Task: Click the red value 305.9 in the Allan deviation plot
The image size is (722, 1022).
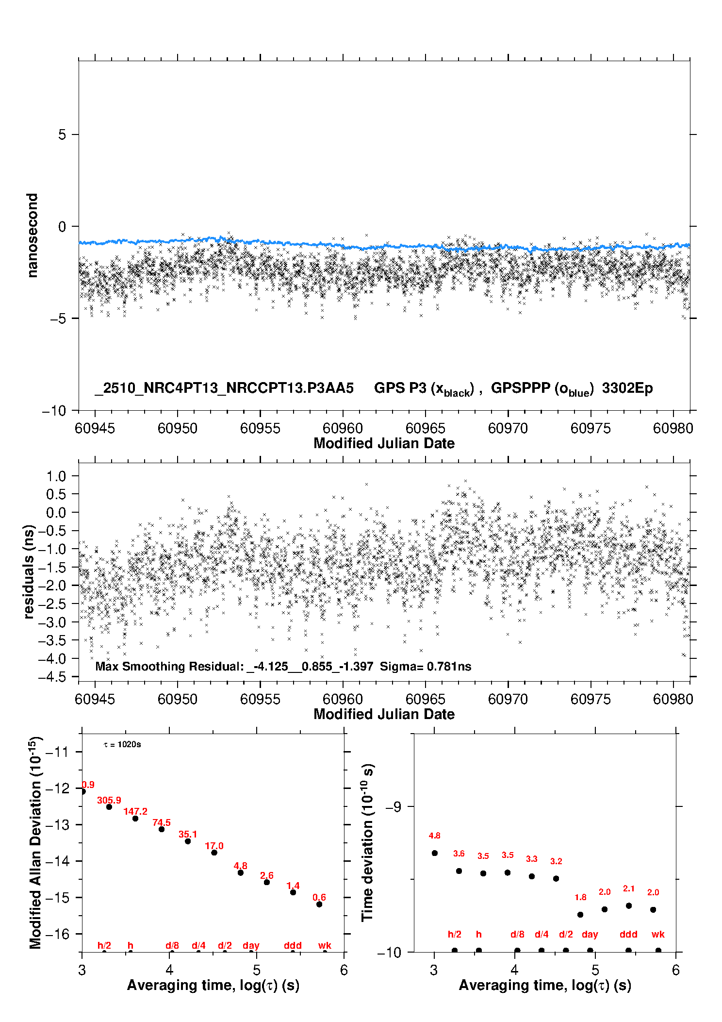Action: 109,800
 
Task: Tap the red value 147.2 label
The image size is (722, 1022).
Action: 135,811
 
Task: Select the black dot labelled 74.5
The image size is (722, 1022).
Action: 162,829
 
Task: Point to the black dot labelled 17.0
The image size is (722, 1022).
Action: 214,853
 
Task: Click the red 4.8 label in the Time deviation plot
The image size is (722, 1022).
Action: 434,836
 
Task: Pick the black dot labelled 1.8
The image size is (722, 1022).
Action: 580,915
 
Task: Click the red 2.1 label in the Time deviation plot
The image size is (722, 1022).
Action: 628,888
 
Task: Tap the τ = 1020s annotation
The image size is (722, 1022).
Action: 122,745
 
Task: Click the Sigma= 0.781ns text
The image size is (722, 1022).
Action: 426,667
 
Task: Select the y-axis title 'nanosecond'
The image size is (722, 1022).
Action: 32,235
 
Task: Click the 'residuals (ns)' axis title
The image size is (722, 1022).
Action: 29,571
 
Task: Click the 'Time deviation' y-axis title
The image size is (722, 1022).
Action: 367,843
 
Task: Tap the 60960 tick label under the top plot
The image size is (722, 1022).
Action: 343,428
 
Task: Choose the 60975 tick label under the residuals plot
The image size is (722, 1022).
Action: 591,699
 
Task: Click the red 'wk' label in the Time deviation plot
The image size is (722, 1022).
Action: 658,935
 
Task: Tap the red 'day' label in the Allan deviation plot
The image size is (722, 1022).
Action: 251,945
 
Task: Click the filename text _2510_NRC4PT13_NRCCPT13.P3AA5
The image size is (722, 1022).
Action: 224,388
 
